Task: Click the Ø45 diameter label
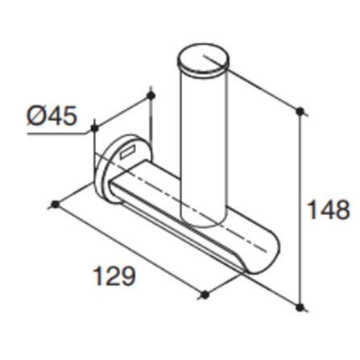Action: (x=52, y=116)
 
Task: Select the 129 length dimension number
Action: (x=114, y=276)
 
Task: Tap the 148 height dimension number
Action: (x=329, y=210)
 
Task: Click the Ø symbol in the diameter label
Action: (x=35, y=116)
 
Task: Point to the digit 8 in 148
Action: (x=342, y=210)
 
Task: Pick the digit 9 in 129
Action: (x=127, y=276)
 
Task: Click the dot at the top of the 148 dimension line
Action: (x=300, y=110)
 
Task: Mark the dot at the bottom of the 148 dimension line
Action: (x=300, y=307)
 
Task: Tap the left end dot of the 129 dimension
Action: (x=56, y=205)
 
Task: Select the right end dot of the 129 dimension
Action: (x=205, y=295)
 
